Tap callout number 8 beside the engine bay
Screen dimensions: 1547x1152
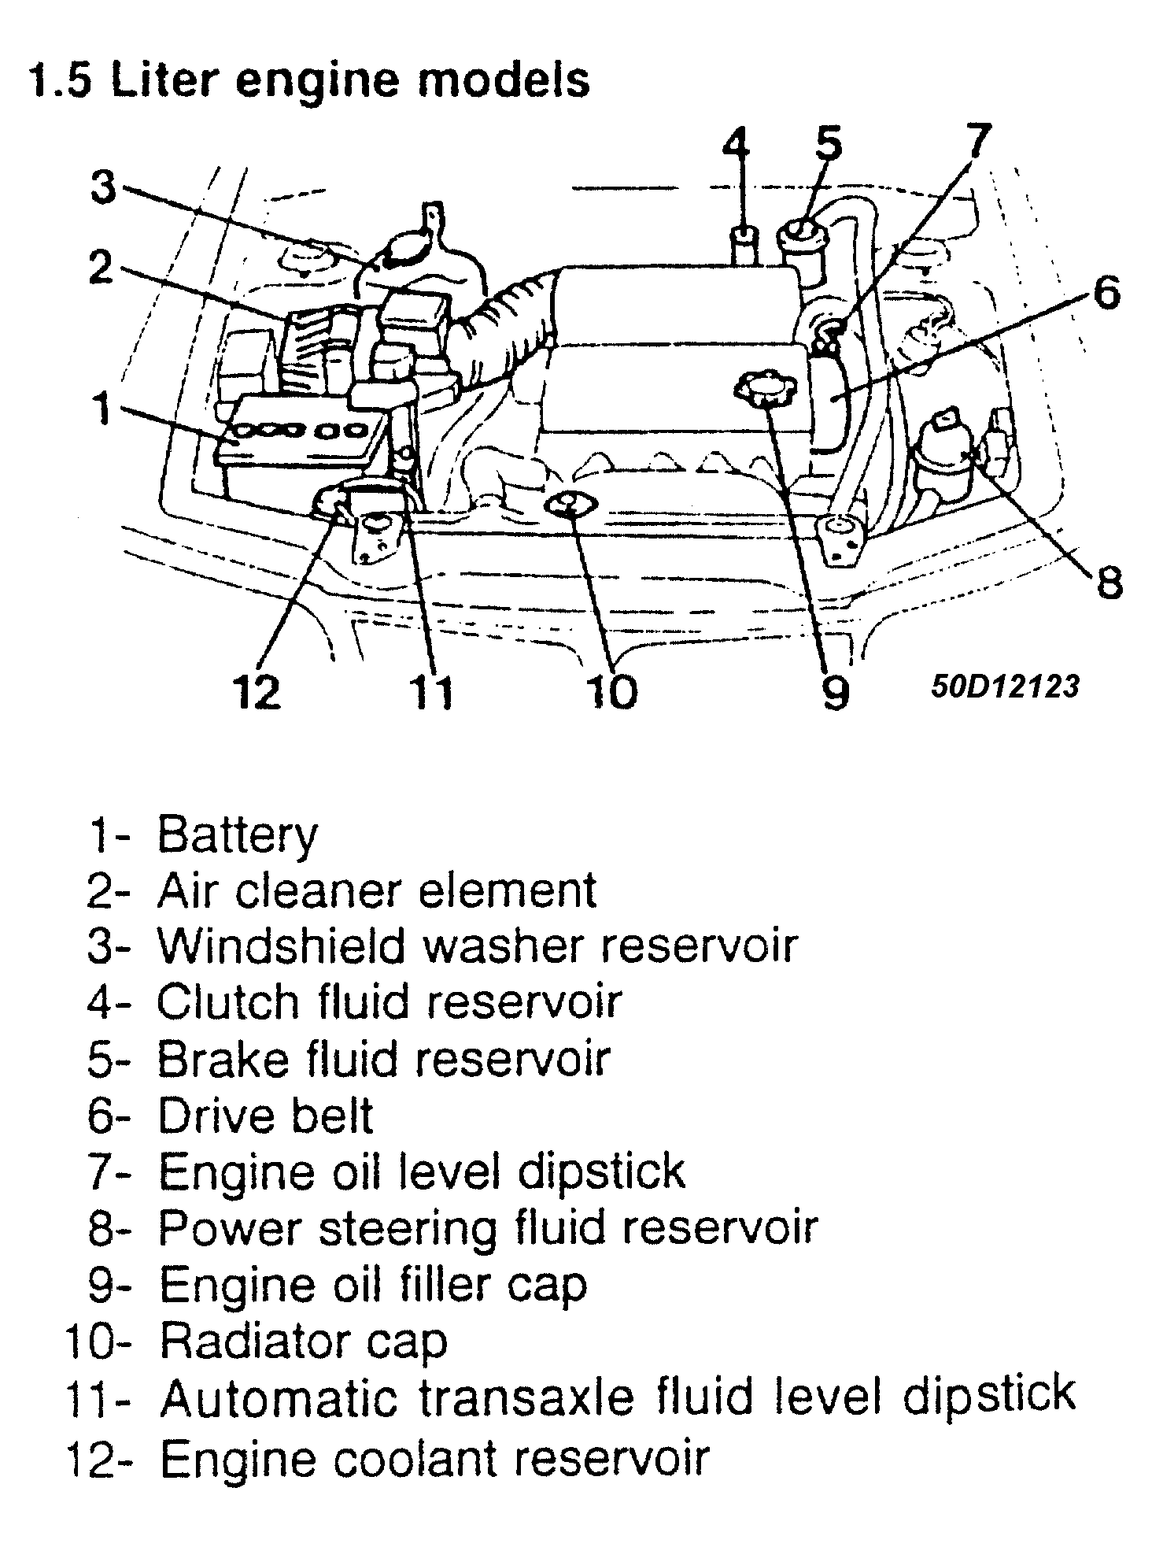click(x=1108, y=583)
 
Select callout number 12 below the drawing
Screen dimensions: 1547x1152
click(x=256, y=690)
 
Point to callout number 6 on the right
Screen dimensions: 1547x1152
click(x=1106, y=293)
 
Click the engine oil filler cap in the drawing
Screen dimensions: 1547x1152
click(x=765, y=388)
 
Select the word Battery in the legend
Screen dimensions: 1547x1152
click(x=237, y=835)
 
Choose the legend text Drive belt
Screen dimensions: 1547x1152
click(x=265, y=1116)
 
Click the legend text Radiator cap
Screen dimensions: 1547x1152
click(x=303, y=1342)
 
